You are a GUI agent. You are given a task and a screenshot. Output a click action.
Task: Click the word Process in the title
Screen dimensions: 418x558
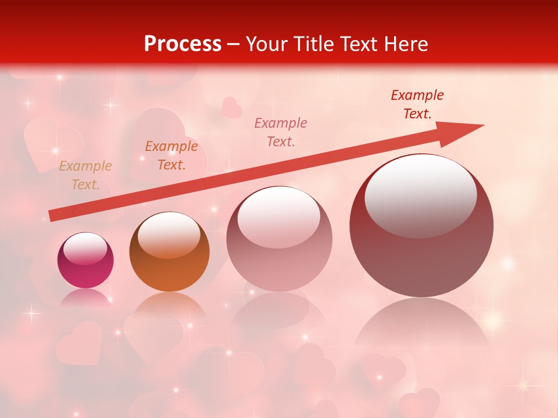[x=183, y=44]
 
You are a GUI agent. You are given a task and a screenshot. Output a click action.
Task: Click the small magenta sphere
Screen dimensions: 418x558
[x=85, y=261]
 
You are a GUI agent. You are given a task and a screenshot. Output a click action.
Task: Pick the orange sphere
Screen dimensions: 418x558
[x=169, y=253]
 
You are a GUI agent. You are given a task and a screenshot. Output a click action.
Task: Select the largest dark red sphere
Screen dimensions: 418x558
[x=421, y=226]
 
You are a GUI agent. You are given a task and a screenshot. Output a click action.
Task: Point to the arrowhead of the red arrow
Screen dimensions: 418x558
[x=465, y=131]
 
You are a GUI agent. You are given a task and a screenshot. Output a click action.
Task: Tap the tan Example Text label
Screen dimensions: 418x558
[x=85, y=175]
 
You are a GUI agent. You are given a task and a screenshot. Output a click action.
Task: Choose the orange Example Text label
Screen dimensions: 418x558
[x=171, y=156]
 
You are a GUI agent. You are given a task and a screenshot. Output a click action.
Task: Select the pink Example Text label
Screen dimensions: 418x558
[x=281, y=132]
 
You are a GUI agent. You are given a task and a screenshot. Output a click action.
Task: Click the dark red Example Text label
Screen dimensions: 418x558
[x=417, y=105]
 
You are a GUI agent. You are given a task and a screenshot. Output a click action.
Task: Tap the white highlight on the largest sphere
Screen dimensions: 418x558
[x=420, y=194]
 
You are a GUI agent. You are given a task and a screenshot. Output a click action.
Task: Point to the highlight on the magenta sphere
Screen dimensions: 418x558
[x=85, y=248]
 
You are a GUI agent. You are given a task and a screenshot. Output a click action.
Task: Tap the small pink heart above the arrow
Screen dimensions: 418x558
[x=232, y=108]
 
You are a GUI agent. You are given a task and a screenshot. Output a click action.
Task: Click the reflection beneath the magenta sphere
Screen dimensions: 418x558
[x=85, y=297]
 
